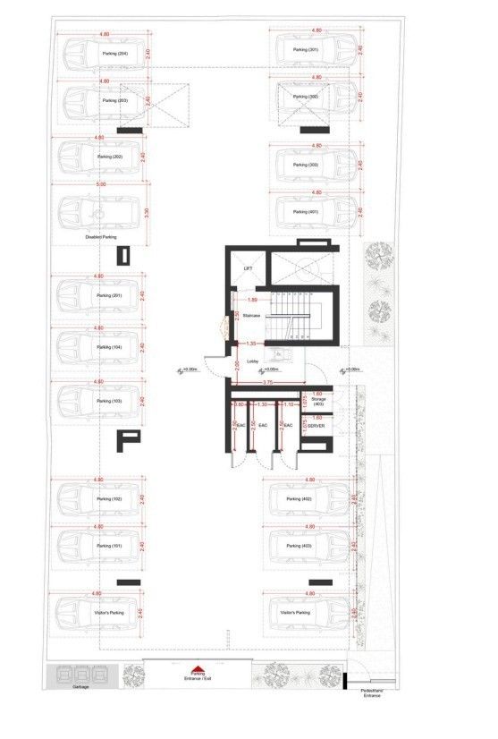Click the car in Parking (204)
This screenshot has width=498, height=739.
click(x=100, y=54)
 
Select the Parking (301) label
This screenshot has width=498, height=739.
click(x=306, y=50)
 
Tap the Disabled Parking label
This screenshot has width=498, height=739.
click(x=101, y=237)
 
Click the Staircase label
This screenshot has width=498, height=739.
click(x=251, y=315)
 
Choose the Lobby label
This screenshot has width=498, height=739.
click(x=253, y=361)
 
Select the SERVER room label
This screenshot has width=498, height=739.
click(x=316, y=426)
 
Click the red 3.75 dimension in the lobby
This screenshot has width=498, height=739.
click(x=267, y=383)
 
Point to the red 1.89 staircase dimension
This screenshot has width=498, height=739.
click(x=252, y=300)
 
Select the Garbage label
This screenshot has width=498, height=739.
click(x=81, y=688)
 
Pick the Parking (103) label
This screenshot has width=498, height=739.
click(x=110, y=402)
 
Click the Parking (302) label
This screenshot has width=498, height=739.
click(x=307, y=97)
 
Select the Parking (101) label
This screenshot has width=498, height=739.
click(x=110, y=545)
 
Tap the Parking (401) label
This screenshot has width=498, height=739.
click(x=307, y=212)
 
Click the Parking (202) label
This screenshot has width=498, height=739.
click(x=110, y=157)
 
